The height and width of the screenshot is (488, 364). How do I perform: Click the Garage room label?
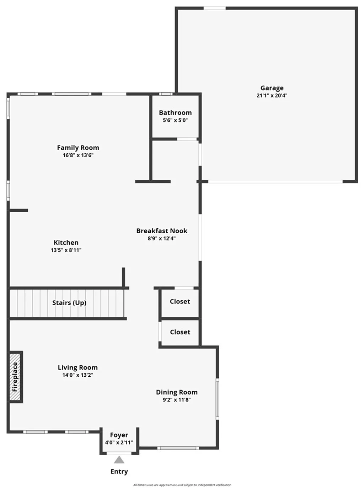point(272,88)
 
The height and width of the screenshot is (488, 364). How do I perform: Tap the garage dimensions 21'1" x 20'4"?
point(272,96)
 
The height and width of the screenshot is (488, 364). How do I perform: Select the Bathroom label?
point(175,113)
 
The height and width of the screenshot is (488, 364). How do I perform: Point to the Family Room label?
point(78,148)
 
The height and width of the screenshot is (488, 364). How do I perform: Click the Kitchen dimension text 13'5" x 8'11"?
point(66,250)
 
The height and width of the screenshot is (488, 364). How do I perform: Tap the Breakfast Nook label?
point(162,231)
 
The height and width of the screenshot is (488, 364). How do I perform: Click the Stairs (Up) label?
point(69,303)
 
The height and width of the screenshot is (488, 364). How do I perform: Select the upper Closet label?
point(180,302)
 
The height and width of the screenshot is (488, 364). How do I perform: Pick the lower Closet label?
point(180,332)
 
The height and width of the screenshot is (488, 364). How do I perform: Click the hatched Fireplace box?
point(15,377)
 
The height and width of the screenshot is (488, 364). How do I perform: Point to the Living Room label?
point(77,368)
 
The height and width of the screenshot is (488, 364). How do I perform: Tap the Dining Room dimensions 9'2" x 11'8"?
point(177,400)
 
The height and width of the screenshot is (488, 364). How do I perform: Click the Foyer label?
point(119,435)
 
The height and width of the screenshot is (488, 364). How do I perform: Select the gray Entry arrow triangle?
point(119,460)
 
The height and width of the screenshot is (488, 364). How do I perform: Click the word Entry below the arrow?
point(119,472)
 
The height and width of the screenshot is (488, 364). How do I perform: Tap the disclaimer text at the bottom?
point(182,485)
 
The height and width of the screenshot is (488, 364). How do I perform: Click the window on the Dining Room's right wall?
point(218,398)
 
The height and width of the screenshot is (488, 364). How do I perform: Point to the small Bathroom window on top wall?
point(165,94)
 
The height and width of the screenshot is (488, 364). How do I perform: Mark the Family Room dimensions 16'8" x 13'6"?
point(78,155)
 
